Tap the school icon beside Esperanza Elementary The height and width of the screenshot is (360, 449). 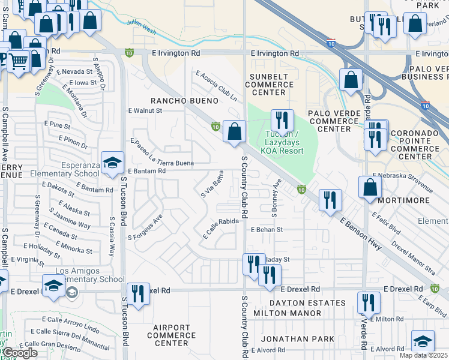coord(112,163)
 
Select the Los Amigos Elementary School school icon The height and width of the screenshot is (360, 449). coord(53,286)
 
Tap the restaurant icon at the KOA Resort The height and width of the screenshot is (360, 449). coord(280,120)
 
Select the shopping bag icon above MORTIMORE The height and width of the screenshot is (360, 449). coord(370,186)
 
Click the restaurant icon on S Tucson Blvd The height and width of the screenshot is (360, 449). coord(139,294)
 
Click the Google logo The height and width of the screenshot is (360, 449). coord(20,353)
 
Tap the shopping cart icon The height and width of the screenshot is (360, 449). coord(18,61)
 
